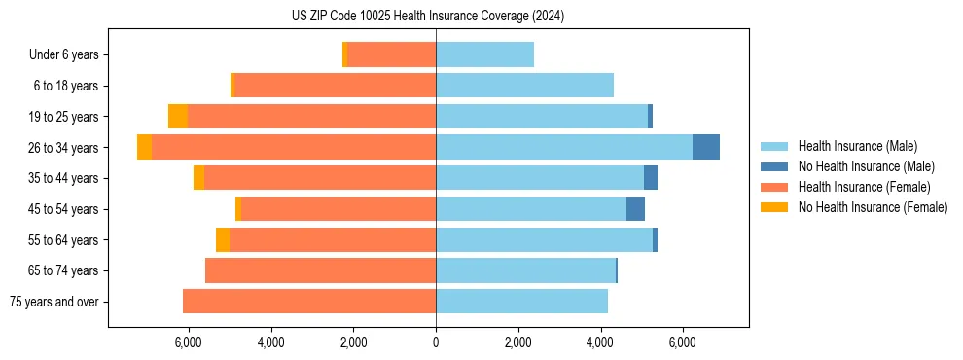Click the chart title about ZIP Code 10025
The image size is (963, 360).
click(x=427, y=16)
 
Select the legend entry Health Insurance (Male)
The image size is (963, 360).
click(x=857, y=146)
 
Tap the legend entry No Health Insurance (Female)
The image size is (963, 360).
click(x=872, y=207)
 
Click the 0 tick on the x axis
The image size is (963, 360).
click(x=436, y=342)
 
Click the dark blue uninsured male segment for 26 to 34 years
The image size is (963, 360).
click(x=706, y=147)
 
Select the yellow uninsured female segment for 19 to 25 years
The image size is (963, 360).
click(x=178, y=117)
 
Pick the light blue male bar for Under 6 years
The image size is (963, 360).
click(x=484, y=55)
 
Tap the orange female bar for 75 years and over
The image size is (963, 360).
click(x=309, y=302)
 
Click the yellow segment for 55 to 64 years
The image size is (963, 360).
click(x=223, y=239)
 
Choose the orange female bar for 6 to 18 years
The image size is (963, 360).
click(x=336, y=86)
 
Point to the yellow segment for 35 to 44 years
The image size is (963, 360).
click(x=198, y=178)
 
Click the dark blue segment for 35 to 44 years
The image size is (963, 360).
click(x=651, y=178)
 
